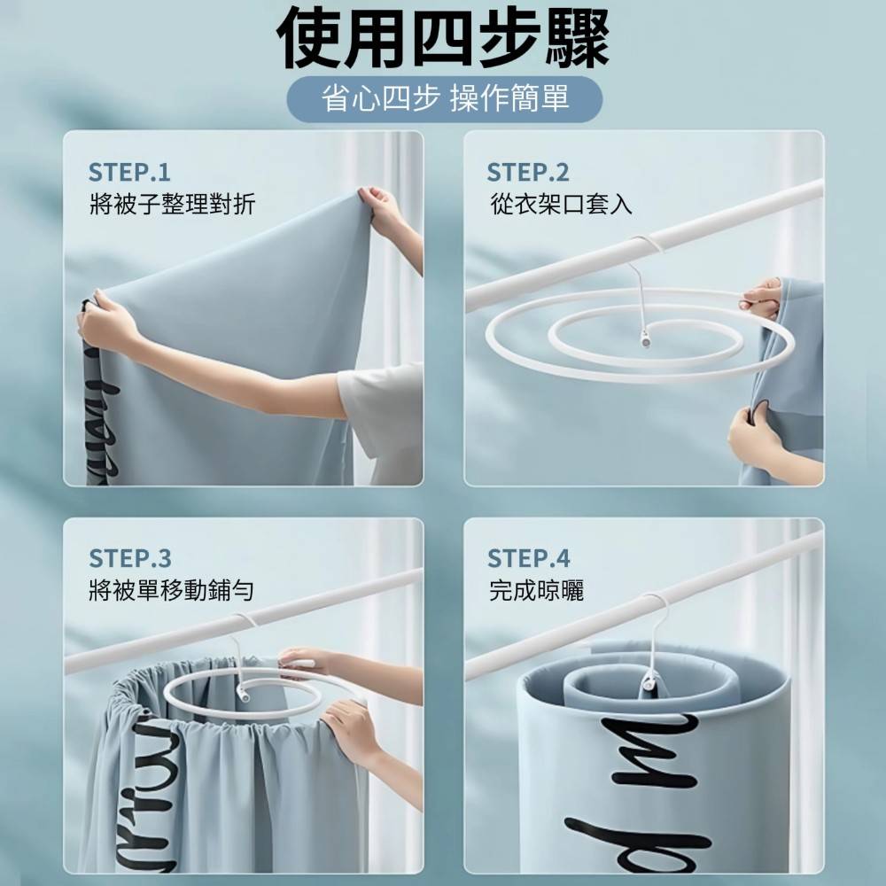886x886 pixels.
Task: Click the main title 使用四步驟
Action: [x=443, y=40]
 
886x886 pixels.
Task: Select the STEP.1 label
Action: [x=129, y=172]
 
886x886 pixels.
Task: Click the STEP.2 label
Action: [x=528, y=172]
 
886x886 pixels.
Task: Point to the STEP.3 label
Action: [x=129, y=558]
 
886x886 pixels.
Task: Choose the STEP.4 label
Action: [x=528, y=558]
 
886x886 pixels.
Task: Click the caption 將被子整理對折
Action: [x=172, y=205]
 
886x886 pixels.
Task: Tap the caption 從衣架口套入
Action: [x=561, y=205]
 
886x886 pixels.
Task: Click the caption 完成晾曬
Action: [x=536, y=591]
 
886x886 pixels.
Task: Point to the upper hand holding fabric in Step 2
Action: [x=762, y=297]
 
